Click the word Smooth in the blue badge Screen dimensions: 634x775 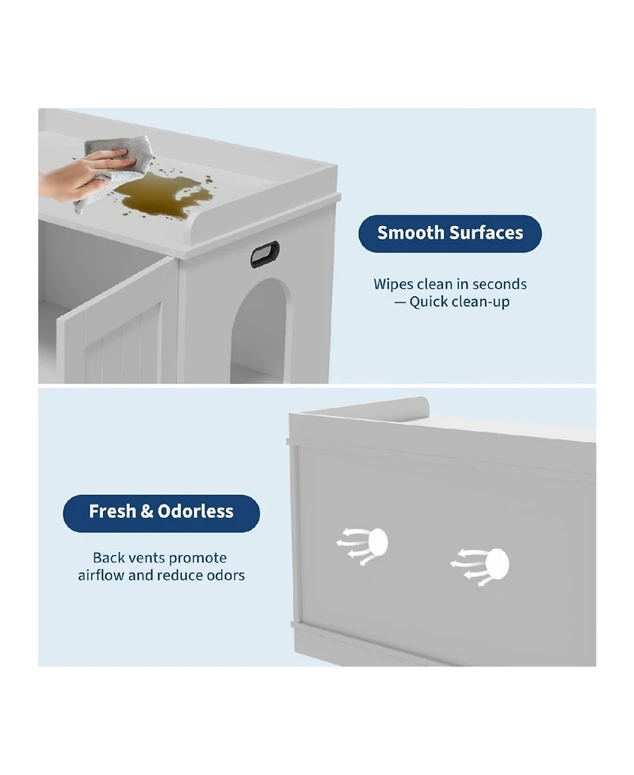[411, 232]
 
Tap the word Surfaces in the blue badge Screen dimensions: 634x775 [487, 232]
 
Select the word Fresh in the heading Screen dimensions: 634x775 [112, 511]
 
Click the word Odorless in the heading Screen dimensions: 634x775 [196, 511]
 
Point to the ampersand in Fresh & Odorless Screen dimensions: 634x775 [147, 512]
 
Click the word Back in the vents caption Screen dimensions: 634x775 [109, 558]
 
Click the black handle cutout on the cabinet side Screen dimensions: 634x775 [265, 255]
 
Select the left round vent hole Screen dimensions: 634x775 [378, 542]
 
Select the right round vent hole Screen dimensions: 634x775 [497, 563]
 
